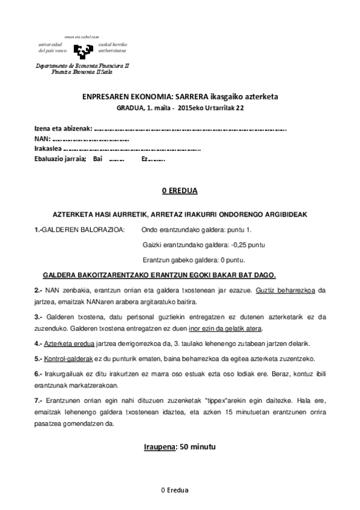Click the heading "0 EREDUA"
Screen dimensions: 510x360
pyautogui.click(x=180, y=191)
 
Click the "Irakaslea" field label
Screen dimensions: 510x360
pyautogui.click(x=48, y=149)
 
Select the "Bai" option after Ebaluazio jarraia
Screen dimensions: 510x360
pyautogui.click(x=98, y=159)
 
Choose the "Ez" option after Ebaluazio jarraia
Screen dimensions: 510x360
pyautogui.click(x=145, y=159)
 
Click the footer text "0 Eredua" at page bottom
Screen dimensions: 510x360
pyautogui.click(x=175, y=490)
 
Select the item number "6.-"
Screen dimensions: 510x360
pyautogui.click(x=38, y=374)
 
